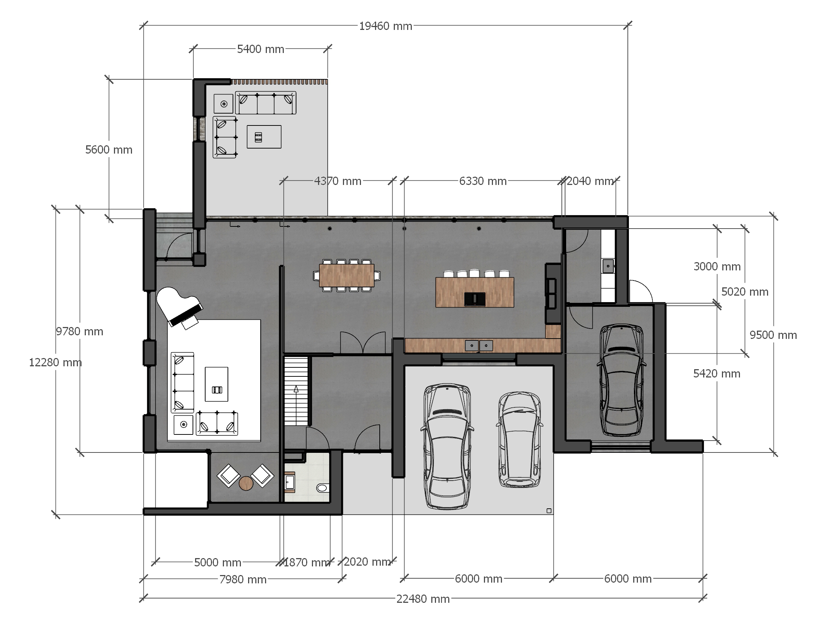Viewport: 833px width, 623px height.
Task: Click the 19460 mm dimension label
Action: click(385, 26)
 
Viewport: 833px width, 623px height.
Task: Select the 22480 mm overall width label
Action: click(423, 599)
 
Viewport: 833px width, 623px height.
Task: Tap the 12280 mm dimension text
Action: click(56, 362)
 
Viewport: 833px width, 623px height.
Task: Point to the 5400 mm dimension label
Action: click(261, 49)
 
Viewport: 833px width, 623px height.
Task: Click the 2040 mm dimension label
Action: click(590, 181)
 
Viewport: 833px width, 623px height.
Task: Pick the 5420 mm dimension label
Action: click(717, 374)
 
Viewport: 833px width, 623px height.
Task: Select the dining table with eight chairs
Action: click(347, 275)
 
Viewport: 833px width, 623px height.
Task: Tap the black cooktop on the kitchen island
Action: click(475, 299)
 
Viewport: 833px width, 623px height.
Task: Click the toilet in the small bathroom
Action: click(323, 488)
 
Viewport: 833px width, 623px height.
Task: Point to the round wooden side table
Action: click(246, 483)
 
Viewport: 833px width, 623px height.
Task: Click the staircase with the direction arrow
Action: click(296, 391)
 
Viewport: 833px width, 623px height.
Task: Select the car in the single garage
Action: click(621, 380)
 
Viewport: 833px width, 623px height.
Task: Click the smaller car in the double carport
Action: click(520, 440)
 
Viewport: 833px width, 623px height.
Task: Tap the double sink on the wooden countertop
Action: click(479, 345)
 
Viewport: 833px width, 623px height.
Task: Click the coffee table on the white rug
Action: click(216, 384)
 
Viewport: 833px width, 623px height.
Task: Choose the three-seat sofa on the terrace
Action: click(265, 103)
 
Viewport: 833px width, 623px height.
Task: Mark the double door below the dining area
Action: click(363, 343)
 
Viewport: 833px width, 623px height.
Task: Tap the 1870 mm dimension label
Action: click(307, 562)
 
